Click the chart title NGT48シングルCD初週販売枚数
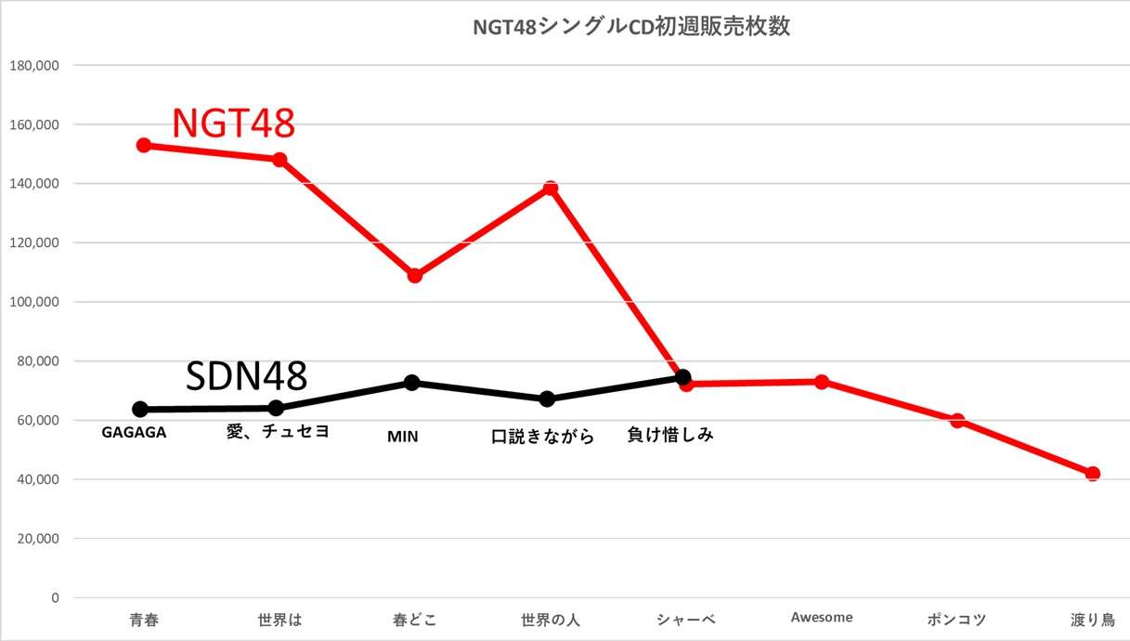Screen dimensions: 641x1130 (631, 27)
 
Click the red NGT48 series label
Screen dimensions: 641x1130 (233, 123)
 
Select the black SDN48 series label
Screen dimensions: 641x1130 (246, 375)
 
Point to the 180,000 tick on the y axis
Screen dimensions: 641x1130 (33, 65)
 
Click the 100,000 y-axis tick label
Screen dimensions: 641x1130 (33, 302)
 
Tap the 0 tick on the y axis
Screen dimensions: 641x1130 (55, 597)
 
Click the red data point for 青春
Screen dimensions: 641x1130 (143, 145)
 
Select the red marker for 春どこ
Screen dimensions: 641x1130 (415, 275)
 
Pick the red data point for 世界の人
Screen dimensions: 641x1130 (551, 189)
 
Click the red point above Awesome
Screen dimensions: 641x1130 (822, 382)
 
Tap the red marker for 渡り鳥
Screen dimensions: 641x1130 (1093, 474)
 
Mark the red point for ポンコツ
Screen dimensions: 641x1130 (957, 421)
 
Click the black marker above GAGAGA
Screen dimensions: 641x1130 (140, 409)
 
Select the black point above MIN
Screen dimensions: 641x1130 (412, 383)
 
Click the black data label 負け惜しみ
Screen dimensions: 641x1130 (671, 434)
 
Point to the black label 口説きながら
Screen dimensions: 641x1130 (543, 437)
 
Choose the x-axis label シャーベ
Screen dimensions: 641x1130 (685, 619)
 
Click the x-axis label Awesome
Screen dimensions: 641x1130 (822, 617)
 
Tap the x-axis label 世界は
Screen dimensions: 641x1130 (279, 619)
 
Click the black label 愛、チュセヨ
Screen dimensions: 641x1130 (278, 432)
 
